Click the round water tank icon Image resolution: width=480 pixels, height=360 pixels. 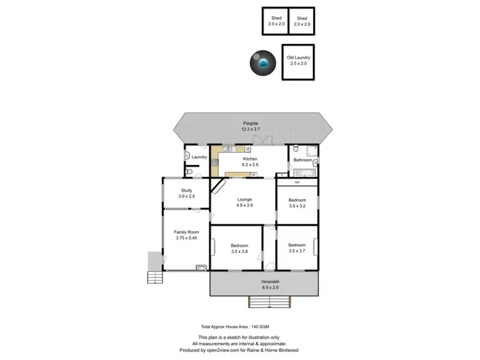262,63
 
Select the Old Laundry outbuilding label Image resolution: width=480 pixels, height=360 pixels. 298,61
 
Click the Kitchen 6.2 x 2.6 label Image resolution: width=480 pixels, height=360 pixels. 250,162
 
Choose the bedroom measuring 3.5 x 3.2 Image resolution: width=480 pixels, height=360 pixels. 297,203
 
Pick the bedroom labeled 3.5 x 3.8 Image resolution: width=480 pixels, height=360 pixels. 239,249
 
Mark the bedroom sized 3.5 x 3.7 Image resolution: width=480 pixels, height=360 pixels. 297,249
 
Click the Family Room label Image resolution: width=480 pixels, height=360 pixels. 187,235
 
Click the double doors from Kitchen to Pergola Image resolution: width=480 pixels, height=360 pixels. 268,140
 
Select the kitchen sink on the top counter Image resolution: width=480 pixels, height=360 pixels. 228,148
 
